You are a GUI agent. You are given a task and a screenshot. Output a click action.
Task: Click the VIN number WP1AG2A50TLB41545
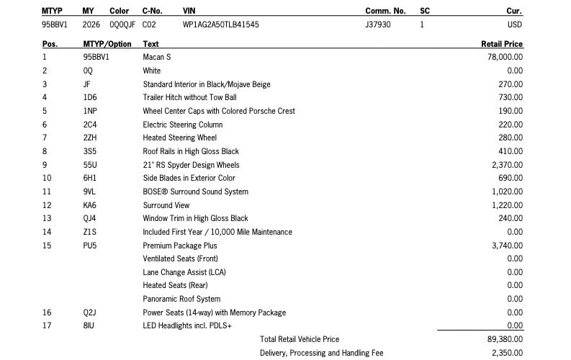(x=221, y=24)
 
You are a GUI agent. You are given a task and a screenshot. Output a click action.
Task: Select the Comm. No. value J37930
(x=378, y=24)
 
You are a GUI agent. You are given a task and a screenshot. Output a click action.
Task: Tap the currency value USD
(x=515, y=24)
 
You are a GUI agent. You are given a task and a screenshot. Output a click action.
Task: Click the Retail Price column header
(x=501, y=44)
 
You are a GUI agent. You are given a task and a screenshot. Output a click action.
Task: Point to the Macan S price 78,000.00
(x=505, y=57)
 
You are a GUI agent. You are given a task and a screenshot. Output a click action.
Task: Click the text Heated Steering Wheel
(x=179, y=138)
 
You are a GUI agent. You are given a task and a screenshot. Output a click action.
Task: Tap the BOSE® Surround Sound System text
(x=195, y=192)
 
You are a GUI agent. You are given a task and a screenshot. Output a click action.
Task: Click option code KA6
(x=90, y=205)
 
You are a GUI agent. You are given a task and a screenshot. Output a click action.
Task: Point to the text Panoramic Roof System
(x=181, y=299)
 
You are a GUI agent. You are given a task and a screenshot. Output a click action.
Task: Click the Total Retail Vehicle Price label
(x=300, y=339)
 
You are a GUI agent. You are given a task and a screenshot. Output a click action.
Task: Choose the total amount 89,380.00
(x=505, y=339)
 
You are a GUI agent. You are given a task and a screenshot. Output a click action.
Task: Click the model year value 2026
(x=91, y=24)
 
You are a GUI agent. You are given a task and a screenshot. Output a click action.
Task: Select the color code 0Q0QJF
(x=122, y=24)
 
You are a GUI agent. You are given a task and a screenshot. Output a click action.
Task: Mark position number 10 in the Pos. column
(x=47, y=178)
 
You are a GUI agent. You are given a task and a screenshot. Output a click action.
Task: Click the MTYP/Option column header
(x=107, y=44)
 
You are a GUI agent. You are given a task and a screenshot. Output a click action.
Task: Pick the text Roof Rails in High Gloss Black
(x=191, y=151)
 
